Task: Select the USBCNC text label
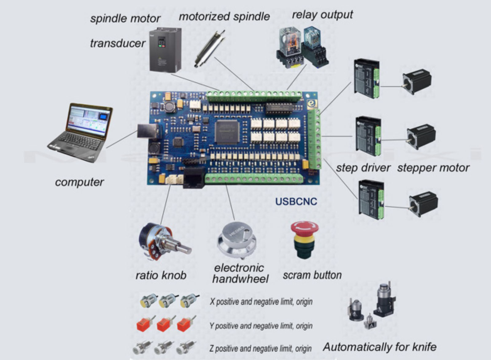click(x=296, y=201)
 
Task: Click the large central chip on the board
click(x=227, y=132)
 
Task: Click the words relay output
click(x=322, y=15)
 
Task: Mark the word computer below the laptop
click(x=79, y=182)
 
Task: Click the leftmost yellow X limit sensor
click(x=148, y=301)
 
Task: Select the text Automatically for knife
click(x=380, y=347)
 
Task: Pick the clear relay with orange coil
click(x=290, y=38)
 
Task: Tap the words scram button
click(x=312, y=275)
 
